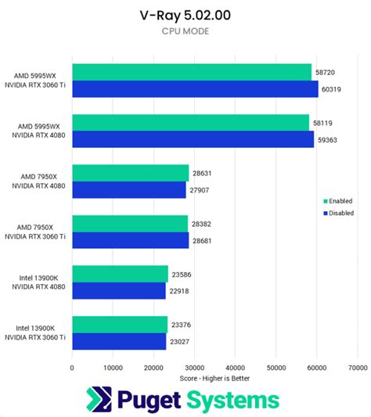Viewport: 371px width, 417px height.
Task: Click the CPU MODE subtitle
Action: click(185, 31)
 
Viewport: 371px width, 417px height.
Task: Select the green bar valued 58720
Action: click(192, 73)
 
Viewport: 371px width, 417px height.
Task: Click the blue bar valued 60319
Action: click(195, 88)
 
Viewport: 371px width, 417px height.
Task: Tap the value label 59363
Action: click(330, 139)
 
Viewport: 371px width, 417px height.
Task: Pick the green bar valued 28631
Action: click(131, 173)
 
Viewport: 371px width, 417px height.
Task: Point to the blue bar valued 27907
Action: click(129, 189)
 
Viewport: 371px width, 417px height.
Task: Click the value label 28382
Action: click(204, 223)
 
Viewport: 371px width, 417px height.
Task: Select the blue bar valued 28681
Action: click(131, 240)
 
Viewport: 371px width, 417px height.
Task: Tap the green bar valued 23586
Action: click(120, 274)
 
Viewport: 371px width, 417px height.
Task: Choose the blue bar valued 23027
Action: click(119, 341)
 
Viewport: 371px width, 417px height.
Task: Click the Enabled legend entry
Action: click(337, 200)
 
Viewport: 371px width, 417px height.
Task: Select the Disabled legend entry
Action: click(338, 212)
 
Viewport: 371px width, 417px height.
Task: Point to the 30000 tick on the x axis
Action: click(195, 365)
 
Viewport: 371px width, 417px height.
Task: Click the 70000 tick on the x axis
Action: click(358, 365)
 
